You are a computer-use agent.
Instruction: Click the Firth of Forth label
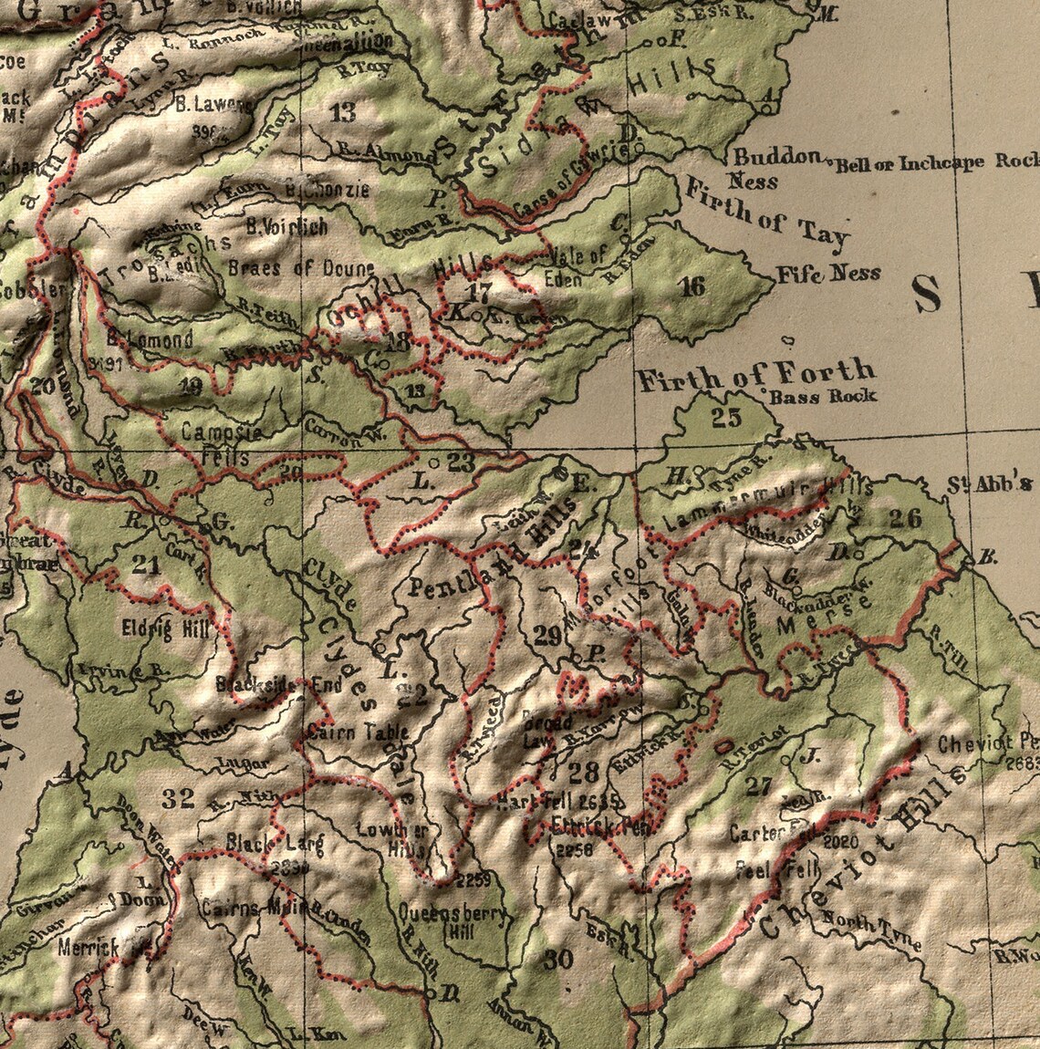coord(755,373)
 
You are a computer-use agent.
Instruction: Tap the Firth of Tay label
coord(766,216)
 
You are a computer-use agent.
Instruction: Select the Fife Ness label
coord(828,273)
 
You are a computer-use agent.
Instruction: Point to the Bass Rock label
coord(823,396)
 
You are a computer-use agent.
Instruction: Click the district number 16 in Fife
coord(693,286)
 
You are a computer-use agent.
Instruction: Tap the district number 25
coord(727,419)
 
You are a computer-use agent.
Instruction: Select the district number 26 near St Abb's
coord(906,518)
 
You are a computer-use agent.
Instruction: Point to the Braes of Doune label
coord(300,268)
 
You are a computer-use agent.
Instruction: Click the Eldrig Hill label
coord(165,628)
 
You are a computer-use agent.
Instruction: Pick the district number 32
coord(178,799)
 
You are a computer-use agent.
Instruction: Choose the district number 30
coord(556,959)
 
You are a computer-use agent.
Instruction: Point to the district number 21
coord(145,565)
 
